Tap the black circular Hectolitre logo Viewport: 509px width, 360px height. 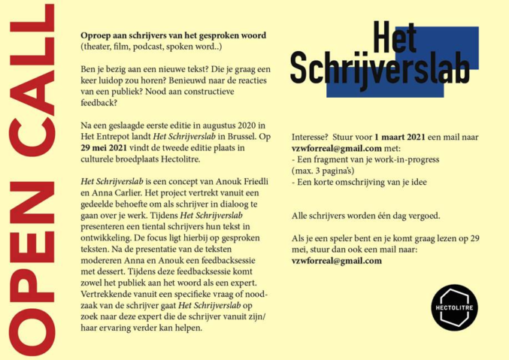coord(454,307)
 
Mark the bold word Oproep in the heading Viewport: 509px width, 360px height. coord(95,35)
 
